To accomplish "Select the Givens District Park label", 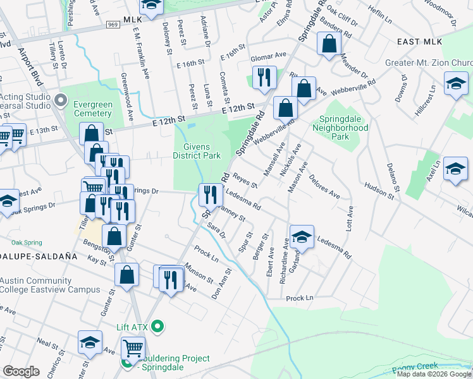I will point(197,151).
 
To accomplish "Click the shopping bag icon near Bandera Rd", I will point(329,45).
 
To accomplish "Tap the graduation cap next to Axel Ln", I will point(455,169).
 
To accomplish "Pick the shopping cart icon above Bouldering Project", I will point(133,347).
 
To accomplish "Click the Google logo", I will point(21,371).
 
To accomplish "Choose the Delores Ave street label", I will point(325,186).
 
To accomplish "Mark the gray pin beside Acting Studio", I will point(61,99).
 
